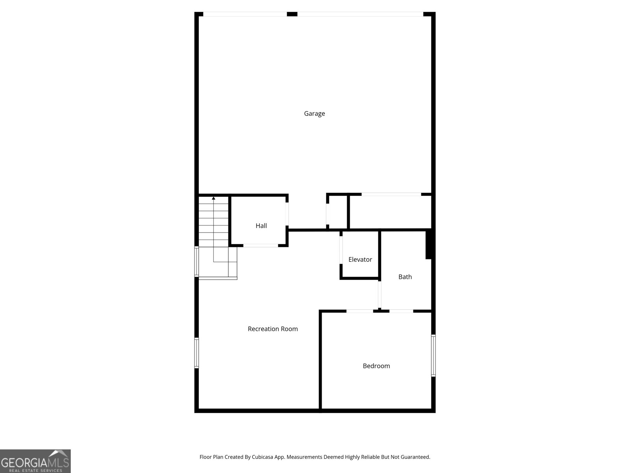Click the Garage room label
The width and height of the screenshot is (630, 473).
tap(314, 114)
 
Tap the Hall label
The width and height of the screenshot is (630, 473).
tap(261, 226)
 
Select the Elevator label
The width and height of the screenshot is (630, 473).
tap(360, 259)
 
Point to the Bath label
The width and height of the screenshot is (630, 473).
tap(405, 277)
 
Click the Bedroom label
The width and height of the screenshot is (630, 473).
tap(376, 366)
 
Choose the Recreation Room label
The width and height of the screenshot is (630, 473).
tap(272, 329)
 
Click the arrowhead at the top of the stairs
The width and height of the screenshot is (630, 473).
tap(213, 198)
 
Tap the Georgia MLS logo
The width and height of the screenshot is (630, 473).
tap(35, 461)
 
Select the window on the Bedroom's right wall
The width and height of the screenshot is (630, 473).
tap(433, 356)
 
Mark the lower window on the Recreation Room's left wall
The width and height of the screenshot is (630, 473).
tap(196, 353)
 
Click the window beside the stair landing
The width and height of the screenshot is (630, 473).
tap(196, 261)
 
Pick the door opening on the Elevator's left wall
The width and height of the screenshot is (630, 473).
tap(341, 250)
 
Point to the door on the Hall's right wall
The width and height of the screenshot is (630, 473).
tap(287, 214)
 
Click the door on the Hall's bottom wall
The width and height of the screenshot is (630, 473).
tap(261, 246)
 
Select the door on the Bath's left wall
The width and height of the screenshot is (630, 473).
tap(380, 294)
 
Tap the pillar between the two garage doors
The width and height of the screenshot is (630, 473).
tap(292, 14)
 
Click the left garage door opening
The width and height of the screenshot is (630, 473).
tap(245, 14)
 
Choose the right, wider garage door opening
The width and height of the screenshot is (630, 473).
tap(360, 14)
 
